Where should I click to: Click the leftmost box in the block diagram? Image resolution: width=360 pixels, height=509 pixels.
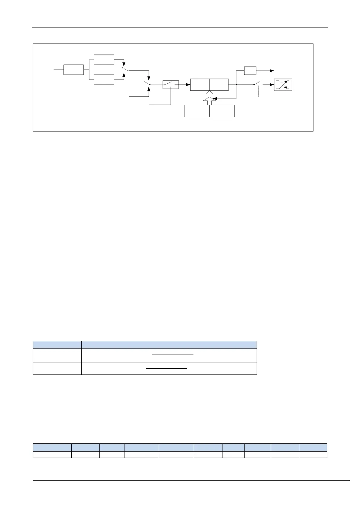[73, 70]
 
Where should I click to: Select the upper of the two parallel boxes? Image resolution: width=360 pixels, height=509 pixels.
[104, 60]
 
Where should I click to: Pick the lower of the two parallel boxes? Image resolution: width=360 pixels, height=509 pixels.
[104, 79]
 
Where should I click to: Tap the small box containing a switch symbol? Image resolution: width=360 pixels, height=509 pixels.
[170, 85]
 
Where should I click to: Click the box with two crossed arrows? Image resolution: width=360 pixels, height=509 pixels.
[283, 85]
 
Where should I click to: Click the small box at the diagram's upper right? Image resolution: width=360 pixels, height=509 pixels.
[250, 70]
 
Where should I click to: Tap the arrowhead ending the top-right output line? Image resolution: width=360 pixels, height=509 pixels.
[272, 70]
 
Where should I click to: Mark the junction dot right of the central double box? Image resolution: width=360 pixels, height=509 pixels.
[236, 85]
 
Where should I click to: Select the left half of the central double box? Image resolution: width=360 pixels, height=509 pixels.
[200, 84]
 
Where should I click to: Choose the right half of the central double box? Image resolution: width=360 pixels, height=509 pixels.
[219, 84]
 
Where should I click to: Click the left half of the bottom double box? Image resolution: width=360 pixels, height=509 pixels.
[197, 111]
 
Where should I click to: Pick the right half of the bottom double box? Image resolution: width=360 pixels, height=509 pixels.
[222, 111]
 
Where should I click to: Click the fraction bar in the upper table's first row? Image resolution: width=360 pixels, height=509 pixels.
[173, 355]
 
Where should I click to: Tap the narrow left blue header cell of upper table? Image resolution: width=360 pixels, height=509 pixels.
[57, 345]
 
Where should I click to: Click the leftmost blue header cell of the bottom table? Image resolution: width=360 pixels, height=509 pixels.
[52, 447]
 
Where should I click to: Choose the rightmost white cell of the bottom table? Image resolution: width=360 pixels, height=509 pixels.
[313, 455]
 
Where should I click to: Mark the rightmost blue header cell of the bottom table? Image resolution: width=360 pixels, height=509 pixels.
[313, 447]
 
